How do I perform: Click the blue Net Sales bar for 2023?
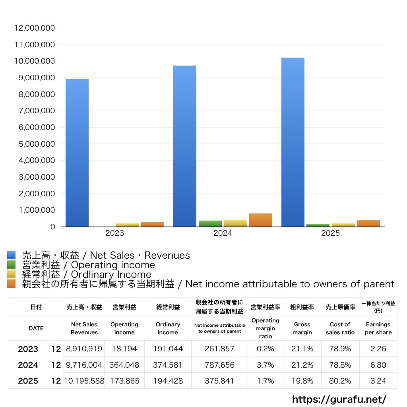click(x=77, y=153)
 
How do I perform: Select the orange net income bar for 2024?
click(x=260, y=220)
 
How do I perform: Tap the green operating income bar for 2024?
click(x=210, y=223)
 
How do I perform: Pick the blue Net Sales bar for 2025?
click(x=293, y=142)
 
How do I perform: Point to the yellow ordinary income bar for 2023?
click(x=128, y=225)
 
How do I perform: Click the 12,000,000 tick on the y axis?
click(x=35, y=28)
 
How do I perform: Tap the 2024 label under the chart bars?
click(x=223, y=233)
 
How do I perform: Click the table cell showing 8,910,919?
click(x=84, y=349)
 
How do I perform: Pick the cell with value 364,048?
click(x=124, y=365)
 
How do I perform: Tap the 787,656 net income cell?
click(x=219, y=365)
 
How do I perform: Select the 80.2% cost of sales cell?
click(x=340, y=381)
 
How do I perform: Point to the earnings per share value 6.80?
click(x=378, y=365)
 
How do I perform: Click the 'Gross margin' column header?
click(x=302, y=328)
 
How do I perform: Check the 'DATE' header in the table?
click(x=36, y=328)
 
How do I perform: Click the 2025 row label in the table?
click(x=28, y=381)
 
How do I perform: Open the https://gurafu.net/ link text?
click(x=339, y=399)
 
